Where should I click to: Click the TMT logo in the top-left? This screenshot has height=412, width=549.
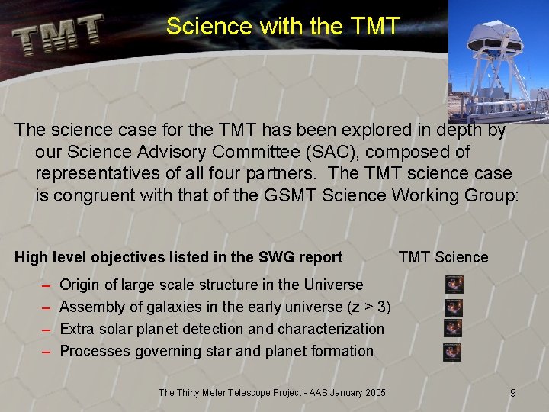[x=58, y=34]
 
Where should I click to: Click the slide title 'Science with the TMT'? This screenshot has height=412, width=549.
[x=282, y=26]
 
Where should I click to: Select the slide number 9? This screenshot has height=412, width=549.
[x=513, y=393]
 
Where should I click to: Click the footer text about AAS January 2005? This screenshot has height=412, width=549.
[x=271, y=393]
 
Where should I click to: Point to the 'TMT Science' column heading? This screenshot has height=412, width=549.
[x=443, y=257]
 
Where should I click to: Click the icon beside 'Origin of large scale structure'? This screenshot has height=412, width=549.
[x=454, y=285]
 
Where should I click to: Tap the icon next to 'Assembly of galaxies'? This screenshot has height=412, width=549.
[x=454, y=307]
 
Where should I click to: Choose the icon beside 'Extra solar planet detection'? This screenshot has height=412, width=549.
[x=453, y=329]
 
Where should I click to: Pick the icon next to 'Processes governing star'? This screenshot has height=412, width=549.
[x=452, y=352]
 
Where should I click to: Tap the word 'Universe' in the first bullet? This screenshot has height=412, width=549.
[x=333, y=285]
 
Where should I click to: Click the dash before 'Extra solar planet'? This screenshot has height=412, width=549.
[x=46, y=330]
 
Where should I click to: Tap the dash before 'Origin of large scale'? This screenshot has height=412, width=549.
[x=46, y=285]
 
